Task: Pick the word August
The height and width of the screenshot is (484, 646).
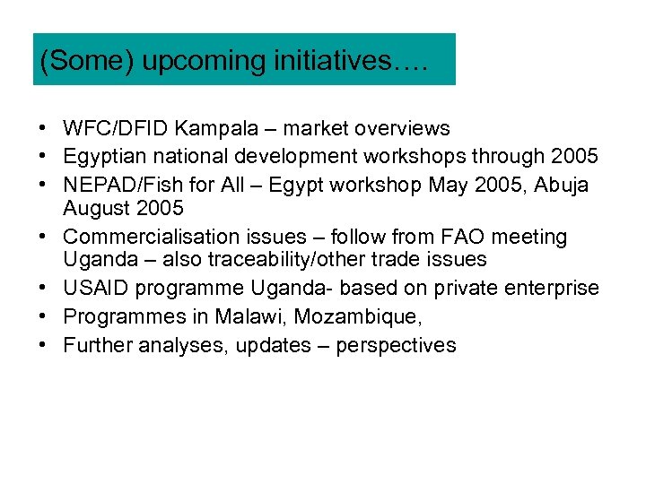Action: tap(93, 209)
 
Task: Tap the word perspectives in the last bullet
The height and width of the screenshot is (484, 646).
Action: tap(396, 345)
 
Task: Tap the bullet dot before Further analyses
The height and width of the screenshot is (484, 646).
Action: tap(44, 345)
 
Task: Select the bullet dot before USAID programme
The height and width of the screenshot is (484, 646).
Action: tap(44, 289)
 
